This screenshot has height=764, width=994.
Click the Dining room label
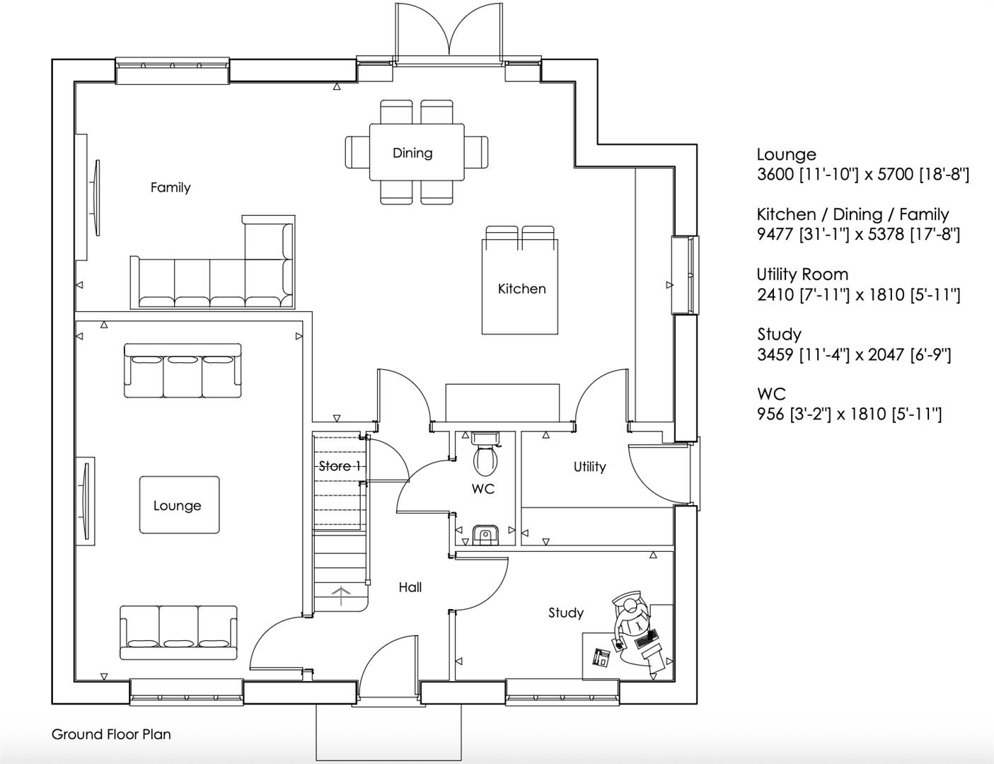coord(412,153)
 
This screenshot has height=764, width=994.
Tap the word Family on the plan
coord(171,187)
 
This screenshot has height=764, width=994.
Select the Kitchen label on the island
coord(521,289)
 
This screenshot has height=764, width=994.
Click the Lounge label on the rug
coord(177,506)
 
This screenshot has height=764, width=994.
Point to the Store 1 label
coord(340,466)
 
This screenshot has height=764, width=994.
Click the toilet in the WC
coord(485,456)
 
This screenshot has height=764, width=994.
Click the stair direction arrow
coord(342,595)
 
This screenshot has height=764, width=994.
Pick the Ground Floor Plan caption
coord(111,734)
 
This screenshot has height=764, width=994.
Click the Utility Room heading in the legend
coord(802,274)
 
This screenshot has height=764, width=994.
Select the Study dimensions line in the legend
coord(854,354)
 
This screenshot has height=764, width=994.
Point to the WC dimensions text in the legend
coord(849,414)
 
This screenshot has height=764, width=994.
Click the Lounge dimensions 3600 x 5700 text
coord(862,175)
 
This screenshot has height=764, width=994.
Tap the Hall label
coord(410,587)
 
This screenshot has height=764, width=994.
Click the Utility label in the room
coord(589,467)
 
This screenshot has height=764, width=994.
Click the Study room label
coord(566,613)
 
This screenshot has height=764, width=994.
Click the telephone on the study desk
coord(601,657)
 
